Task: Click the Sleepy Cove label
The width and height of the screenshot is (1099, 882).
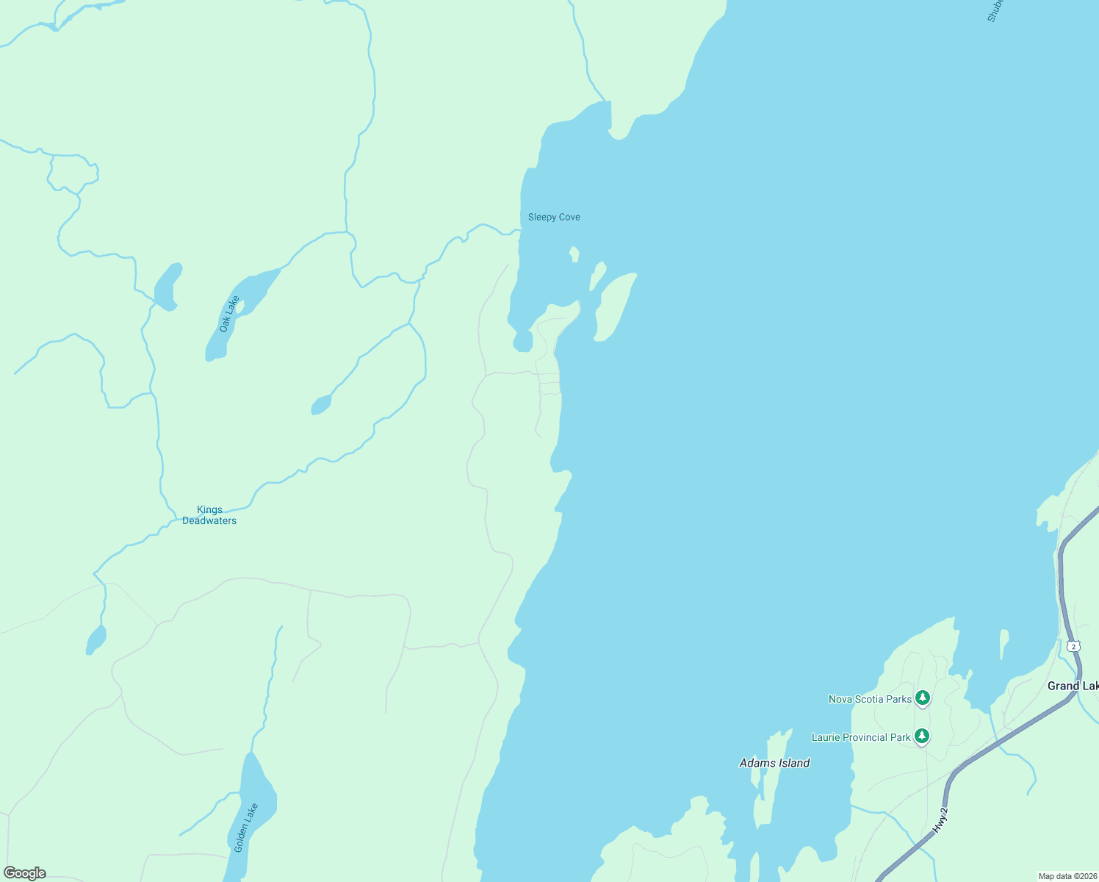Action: (x=554, y=217)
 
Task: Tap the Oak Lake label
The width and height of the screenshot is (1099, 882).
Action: (x=229, y=314)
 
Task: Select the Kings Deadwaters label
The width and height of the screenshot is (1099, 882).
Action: (x=209, y=515)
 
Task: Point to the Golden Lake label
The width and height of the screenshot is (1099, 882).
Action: (x=246, y=828)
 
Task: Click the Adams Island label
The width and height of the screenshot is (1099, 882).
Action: (x=774, y=763)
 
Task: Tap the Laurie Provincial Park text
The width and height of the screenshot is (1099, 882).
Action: (x=861, y=737)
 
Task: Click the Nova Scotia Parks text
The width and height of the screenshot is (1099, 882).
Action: (x=870, y=699)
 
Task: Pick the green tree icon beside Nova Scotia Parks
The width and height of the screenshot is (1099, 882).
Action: (x=923, y=698)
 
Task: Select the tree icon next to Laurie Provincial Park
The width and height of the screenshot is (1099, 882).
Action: (x=922, y=736)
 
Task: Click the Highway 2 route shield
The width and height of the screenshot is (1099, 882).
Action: (x=1074, y=646)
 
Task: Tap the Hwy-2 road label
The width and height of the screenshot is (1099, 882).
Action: (x=941, y=820)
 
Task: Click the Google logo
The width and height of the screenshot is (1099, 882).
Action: (x=25, y=873)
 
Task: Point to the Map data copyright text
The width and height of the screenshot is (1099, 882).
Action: (x=1067, y=876)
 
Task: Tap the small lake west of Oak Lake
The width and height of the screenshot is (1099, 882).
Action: (x=167, y=287)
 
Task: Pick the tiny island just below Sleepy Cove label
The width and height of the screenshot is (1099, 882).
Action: (x=574, y=254)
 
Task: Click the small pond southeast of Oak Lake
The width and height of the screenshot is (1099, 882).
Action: (x=321, y=405)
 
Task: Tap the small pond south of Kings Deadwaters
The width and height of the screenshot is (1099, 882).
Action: (x=96, y=640)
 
